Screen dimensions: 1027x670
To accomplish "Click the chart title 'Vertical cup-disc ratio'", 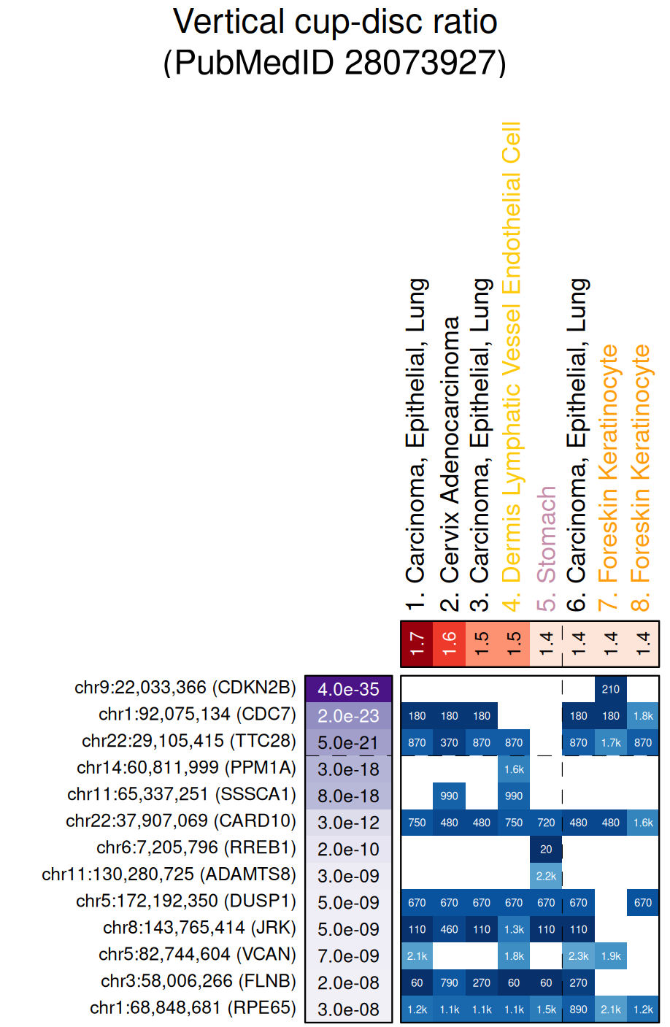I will point(335,22).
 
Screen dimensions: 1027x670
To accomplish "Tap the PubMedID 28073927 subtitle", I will point(335,63).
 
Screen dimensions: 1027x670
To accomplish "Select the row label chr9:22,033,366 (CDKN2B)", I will point(185,688).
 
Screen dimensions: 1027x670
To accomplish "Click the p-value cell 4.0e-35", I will point(348,689).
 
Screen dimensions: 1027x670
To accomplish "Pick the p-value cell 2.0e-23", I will point(348,716).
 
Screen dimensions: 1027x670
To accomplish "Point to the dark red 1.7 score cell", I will point(417,644).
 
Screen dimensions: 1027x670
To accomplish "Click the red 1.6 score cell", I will point(449,644).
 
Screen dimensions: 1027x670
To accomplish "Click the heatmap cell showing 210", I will point(611,689).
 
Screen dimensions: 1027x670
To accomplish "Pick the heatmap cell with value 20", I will point(546,849).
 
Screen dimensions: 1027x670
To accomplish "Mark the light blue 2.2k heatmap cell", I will point(546,876).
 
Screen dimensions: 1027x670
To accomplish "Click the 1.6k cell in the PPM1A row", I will point(514,769).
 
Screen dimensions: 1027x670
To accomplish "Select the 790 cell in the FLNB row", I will point(450,982).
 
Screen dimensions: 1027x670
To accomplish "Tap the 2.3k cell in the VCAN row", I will point(578,956).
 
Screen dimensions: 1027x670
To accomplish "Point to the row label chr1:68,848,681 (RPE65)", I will point(193,1008).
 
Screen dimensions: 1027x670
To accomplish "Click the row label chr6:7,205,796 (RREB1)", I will point(196,847).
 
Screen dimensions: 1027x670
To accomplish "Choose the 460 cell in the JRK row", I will point(450,929).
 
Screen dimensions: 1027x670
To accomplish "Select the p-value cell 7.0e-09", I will point(348,956).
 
